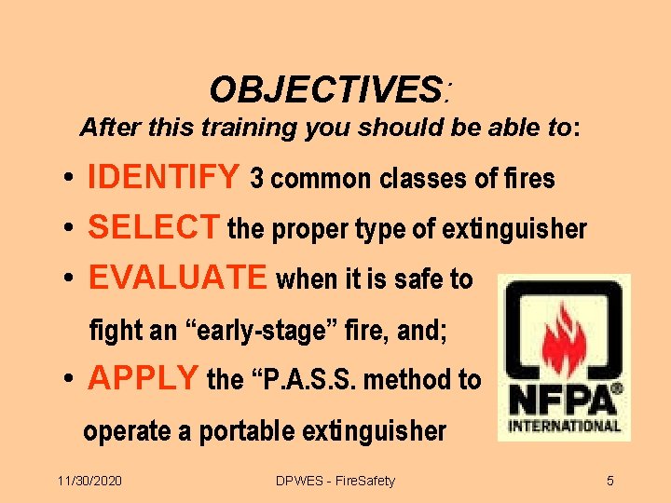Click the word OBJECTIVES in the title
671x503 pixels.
(324, 90)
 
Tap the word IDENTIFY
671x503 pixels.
(163, 177)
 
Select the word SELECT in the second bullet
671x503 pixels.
(154, 227)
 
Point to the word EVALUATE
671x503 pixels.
(177, 278)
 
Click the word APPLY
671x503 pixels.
(143, 378)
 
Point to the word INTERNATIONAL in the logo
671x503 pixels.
(565, 427)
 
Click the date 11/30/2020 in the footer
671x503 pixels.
(89, 481)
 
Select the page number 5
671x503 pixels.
(610, 481)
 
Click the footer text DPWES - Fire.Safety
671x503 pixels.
(335, 481)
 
